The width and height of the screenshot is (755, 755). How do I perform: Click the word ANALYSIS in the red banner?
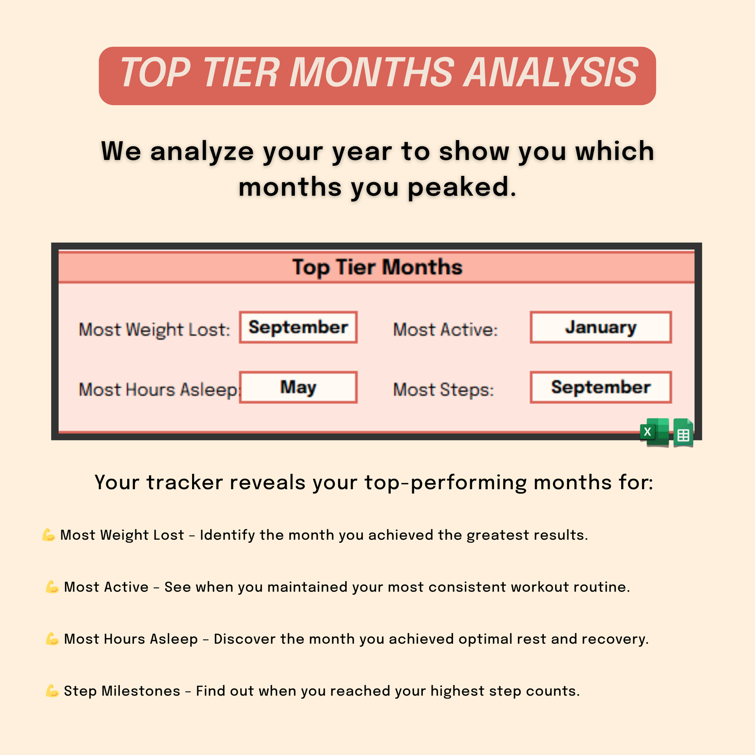pos(550,72)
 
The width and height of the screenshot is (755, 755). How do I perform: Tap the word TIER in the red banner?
pos(240,72)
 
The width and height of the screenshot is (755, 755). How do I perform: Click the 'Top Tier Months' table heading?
pos(377,268)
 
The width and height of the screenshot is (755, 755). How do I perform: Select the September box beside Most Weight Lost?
pos(298,327)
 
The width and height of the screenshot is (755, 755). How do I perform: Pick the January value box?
pos(601,327)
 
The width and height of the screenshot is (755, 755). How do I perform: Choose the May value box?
pos(298,387)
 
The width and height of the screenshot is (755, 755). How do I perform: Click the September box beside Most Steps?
pos(601,387)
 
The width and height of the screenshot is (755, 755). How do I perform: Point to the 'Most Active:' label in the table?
pos(445,329)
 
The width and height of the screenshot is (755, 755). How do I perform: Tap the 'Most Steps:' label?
pos(443,390)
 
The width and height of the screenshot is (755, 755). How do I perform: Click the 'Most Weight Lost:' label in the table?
pos(154,330)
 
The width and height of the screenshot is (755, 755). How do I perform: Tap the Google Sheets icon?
pos(684,433)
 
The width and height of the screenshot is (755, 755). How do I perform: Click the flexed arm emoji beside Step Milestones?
pos(52,691)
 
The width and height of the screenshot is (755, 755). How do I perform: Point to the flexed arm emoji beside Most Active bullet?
pos(52,587)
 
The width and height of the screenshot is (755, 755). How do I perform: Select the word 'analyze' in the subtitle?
pos(202,152)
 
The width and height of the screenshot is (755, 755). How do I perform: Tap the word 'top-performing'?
pos(445,483)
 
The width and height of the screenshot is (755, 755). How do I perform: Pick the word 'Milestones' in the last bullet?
pos(141,691)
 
